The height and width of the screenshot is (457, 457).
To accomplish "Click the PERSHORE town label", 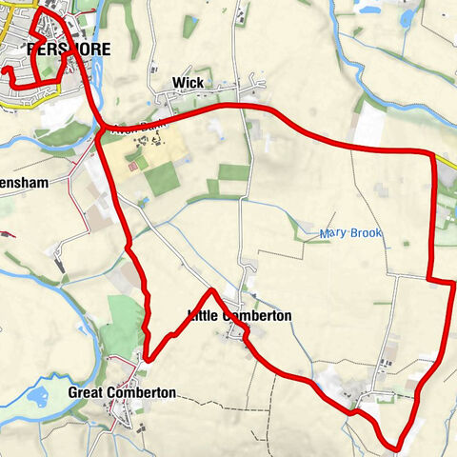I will point(69,50).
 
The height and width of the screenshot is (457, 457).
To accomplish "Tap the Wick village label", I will point(188,84).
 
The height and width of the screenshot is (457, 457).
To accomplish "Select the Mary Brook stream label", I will point(351,232).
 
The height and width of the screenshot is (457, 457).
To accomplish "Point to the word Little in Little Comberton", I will point(203,316).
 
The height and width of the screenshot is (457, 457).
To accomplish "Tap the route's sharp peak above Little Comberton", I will point(210,290).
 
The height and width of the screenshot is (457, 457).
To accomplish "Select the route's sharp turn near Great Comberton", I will point(147,359).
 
